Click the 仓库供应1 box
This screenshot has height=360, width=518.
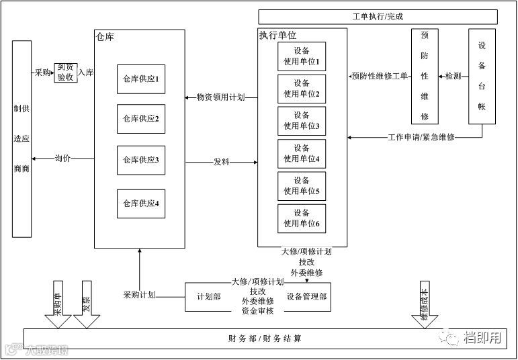140,79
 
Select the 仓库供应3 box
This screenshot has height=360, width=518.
140,160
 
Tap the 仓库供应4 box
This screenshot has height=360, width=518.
140,204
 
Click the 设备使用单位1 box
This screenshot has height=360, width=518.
302,57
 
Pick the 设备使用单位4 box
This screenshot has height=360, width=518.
302,153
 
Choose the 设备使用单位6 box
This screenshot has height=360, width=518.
302,218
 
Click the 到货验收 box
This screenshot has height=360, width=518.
65,72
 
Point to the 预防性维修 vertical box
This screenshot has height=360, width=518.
425,76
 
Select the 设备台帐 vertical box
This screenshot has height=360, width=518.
482,76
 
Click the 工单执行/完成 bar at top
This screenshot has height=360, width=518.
378,17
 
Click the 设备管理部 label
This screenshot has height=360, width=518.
307,297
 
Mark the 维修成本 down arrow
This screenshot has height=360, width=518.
424,306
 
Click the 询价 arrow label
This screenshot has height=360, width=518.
63,159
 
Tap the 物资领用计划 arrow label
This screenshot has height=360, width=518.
220,97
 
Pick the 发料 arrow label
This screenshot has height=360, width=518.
221,162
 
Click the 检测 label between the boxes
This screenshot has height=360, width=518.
454,76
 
